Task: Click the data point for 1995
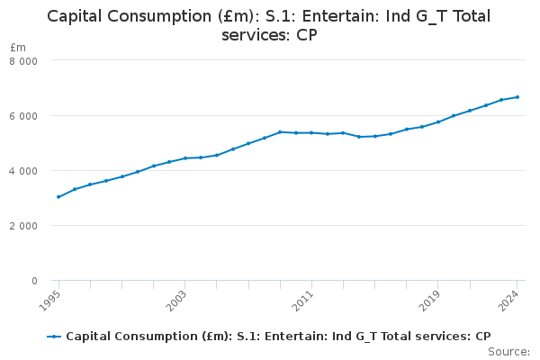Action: tap(58, 196)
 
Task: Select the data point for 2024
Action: tap(517, 96)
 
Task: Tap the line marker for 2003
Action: tap(184, 158)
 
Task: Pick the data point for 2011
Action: tap(311, 132)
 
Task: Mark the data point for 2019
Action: tap(437, 121)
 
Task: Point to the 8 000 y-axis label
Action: tap(35, 61)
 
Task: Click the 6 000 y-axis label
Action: tap(35, 116)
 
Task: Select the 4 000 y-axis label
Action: tap(35, 171)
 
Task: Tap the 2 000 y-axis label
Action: tap(35, 226)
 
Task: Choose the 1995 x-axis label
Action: tap(53, 299)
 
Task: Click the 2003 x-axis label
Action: tap(179, 299)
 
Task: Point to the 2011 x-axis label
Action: tap(306, 299)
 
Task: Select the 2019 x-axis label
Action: tap(432, 299)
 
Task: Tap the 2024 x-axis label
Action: tap(511, 299)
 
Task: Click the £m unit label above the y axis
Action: tap(18, 47)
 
